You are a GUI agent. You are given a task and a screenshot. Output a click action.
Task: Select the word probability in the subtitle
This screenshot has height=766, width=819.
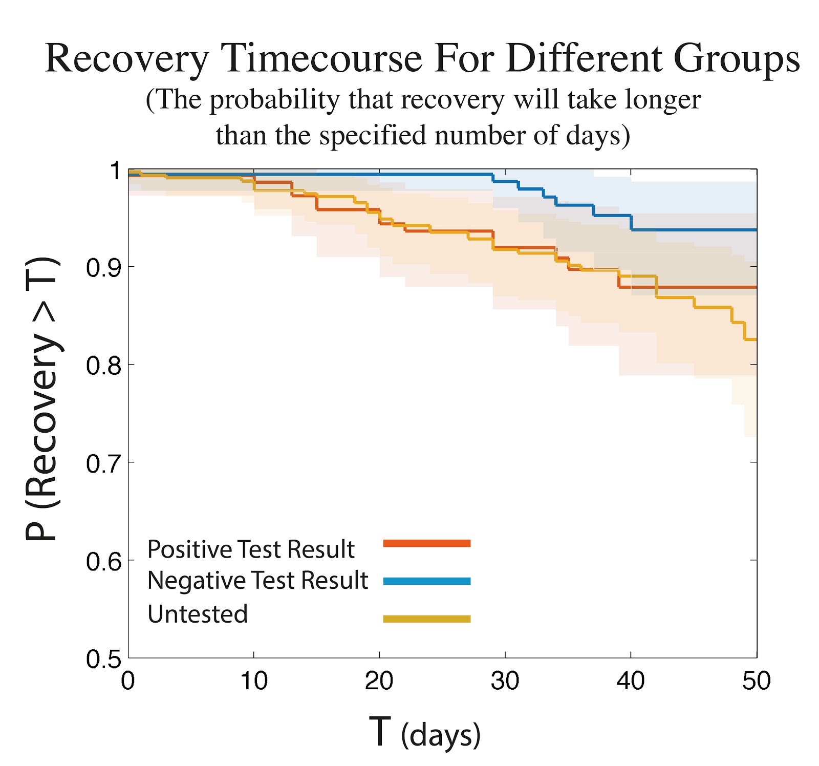tap(274, 100)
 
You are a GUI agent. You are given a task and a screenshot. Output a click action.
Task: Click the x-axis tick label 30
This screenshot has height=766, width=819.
tap(505, 681)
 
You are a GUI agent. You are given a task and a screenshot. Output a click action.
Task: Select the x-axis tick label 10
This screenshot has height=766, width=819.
tap(254, 681)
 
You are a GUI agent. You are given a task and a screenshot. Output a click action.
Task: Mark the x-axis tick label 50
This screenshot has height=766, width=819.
tap(756, 681)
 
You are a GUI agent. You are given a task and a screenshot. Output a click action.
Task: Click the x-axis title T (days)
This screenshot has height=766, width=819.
tap(424, 733)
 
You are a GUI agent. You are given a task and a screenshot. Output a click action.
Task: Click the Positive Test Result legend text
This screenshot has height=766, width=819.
tap(251, 549)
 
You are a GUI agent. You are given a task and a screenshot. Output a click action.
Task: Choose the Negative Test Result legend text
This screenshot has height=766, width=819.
tap(257, 581)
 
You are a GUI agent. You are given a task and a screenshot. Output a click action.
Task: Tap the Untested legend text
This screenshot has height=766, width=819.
tap(198, 613)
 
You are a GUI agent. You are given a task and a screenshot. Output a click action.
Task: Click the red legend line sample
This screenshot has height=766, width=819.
tap(426, 543)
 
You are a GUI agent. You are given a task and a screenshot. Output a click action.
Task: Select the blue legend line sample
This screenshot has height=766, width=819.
tap(426, 581)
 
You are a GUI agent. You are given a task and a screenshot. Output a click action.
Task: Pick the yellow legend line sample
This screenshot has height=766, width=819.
tap(426, 619)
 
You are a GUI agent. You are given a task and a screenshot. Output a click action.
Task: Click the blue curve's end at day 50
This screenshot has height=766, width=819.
tap(756, 230)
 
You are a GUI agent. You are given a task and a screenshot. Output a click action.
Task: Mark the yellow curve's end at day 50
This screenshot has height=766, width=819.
tap(756, 339)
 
